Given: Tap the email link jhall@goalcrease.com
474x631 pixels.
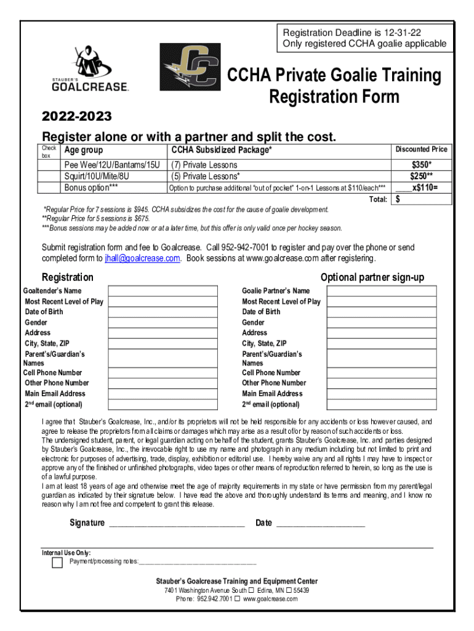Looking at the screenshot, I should pos(142,258).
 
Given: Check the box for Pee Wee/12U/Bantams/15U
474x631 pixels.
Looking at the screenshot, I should pos(49,165).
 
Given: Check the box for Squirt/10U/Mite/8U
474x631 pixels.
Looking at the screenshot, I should pos(49,176).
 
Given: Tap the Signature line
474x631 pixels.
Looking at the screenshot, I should pos(177,524).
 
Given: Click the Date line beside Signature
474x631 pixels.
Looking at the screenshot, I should pos(320,524).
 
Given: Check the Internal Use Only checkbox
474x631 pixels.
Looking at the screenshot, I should pos(57,563).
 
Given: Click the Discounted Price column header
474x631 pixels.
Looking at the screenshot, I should pos(421,150).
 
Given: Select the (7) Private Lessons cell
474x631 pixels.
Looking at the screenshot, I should pos(204,165).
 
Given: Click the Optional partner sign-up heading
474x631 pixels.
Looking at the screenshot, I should pos(372,277).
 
